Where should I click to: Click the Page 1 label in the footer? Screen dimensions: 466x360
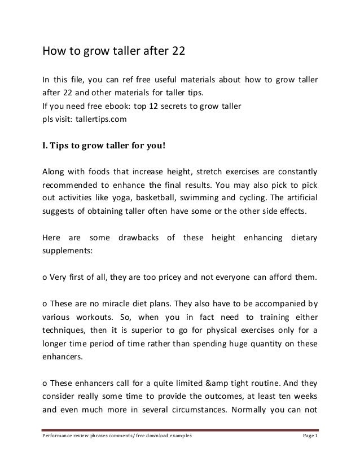pyautogui.click(x=308, y=451)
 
